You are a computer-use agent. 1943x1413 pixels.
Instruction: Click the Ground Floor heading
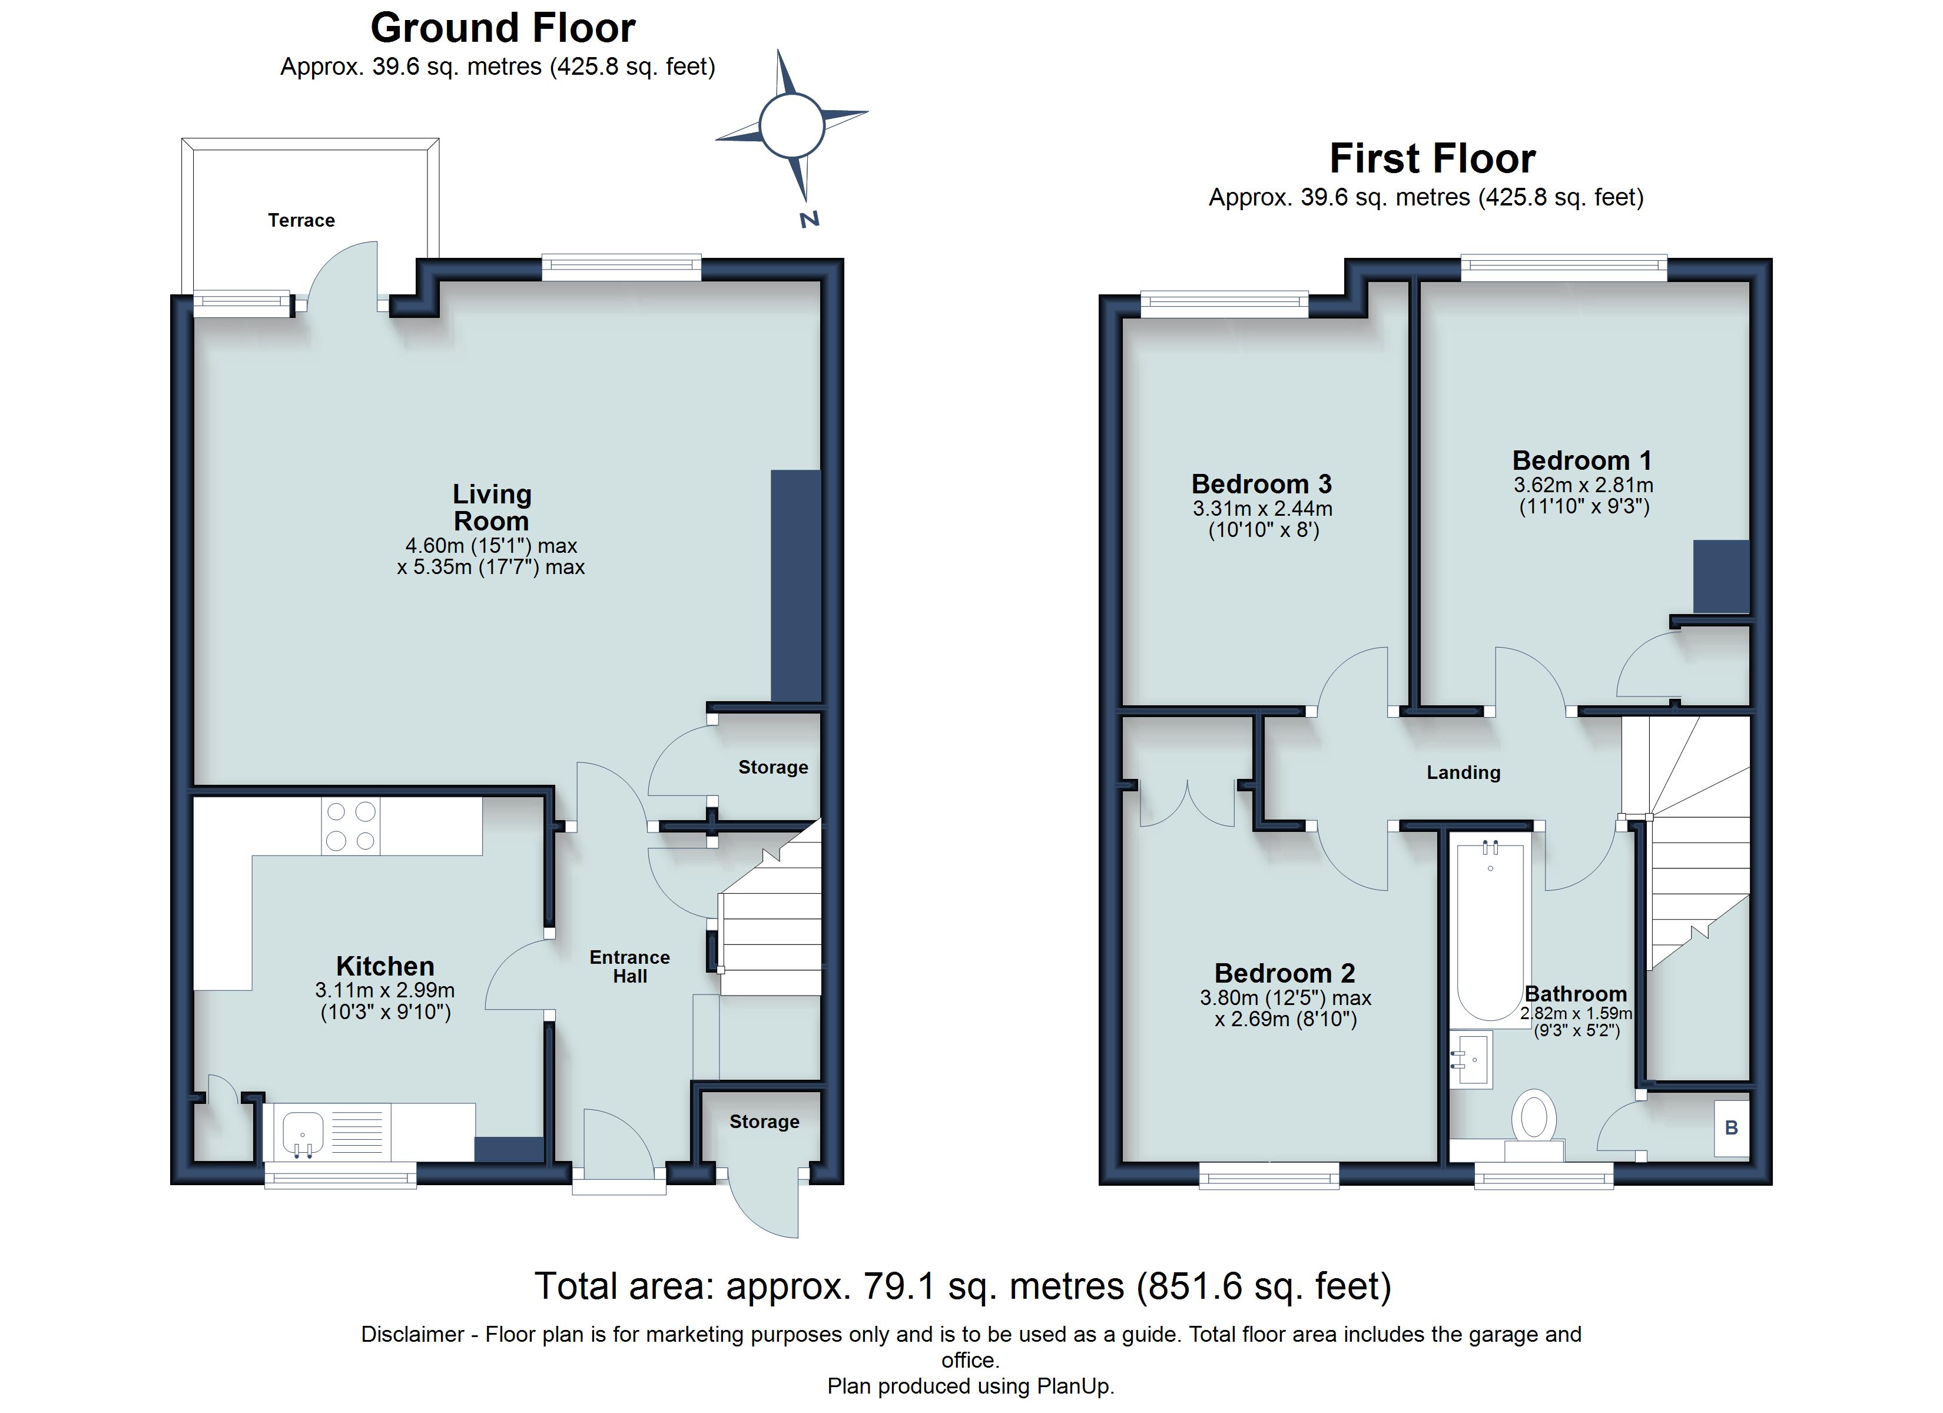503,28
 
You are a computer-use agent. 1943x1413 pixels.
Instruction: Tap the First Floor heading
1433,158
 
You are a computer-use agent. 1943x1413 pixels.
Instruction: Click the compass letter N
810,220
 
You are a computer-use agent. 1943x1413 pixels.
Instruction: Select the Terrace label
301,220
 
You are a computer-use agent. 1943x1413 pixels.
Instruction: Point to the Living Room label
492,508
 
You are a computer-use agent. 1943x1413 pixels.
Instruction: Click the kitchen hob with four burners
350,826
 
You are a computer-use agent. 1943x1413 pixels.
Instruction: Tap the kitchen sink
303,1134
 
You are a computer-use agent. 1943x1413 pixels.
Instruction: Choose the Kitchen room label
384,966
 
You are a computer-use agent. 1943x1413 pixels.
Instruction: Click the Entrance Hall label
629,967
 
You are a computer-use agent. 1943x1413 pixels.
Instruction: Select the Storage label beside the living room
772,767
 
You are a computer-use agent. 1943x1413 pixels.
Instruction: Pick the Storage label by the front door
764,1122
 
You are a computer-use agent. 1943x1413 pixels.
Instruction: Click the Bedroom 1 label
1581,460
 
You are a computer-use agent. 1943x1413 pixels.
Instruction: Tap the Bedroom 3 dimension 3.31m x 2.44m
1263,508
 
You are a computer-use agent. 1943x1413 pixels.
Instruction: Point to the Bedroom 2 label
1285,973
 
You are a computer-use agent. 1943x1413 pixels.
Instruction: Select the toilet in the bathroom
1534,1123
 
